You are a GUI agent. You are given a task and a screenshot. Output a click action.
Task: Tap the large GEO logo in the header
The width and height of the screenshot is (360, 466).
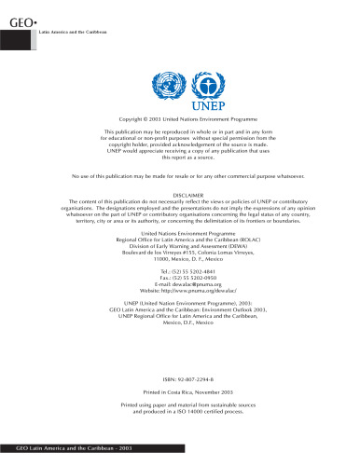tap(21, 20)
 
